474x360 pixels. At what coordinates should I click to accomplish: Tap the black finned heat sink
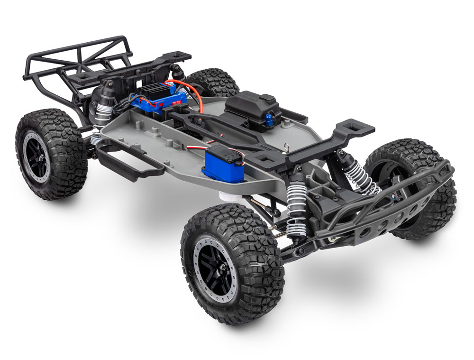(156, 90)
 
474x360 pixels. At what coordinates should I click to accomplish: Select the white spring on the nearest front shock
(297, 211)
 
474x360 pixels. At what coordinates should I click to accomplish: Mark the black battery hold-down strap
(223, 132)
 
